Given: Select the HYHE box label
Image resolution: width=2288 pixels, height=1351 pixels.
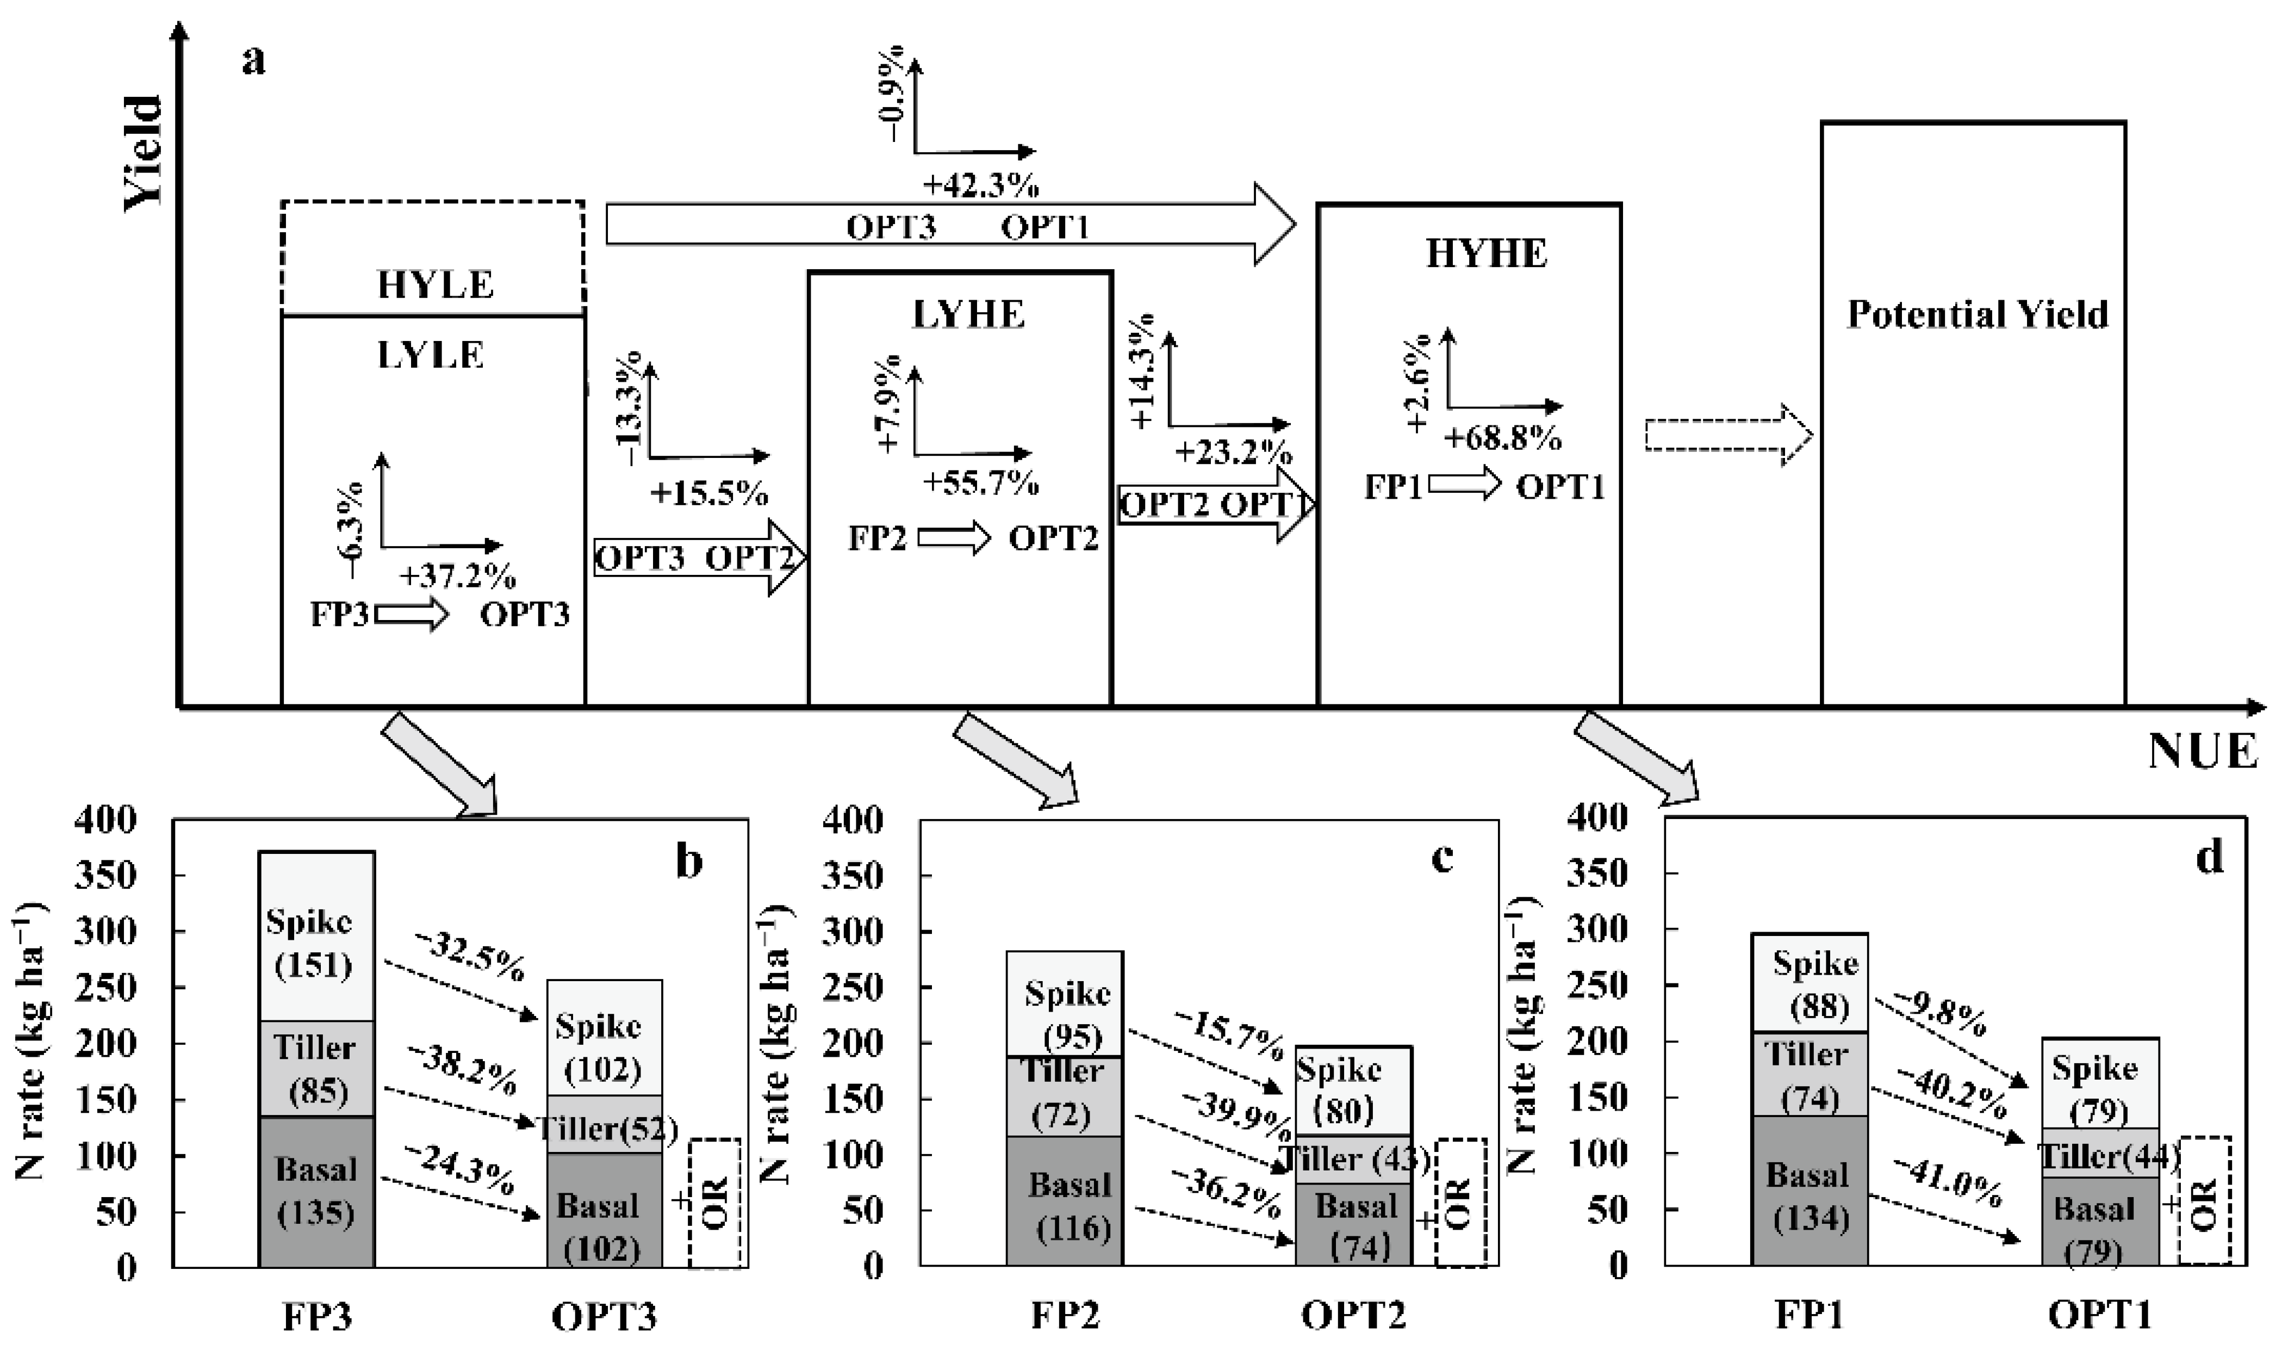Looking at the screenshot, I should point(1485,253).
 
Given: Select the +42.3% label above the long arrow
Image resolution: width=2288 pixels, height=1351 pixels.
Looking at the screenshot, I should point(980,185).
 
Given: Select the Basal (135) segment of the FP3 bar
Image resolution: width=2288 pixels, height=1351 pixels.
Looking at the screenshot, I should point(316,1191).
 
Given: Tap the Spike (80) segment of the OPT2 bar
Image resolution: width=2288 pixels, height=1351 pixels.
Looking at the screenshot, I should point(1352,1090).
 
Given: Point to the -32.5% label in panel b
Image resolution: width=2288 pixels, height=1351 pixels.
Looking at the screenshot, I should point(470,956).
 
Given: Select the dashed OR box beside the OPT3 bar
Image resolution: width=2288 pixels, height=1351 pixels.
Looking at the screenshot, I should point(714,1201).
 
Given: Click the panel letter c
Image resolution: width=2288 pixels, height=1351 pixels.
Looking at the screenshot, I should point(1443,858).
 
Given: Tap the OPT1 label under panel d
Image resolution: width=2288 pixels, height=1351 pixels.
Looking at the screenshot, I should point(2100,1316).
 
